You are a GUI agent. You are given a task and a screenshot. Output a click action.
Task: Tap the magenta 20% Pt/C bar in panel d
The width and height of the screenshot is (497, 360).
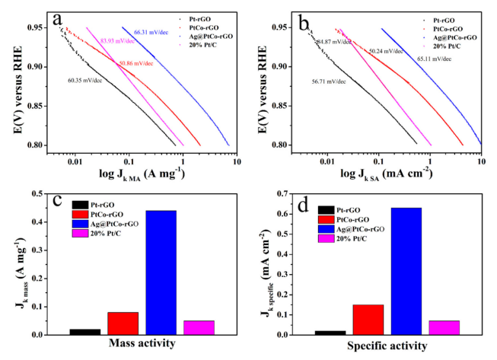tap(444, 327)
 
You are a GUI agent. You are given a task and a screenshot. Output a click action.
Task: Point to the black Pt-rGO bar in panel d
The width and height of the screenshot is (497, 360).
tap(331, 332)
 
